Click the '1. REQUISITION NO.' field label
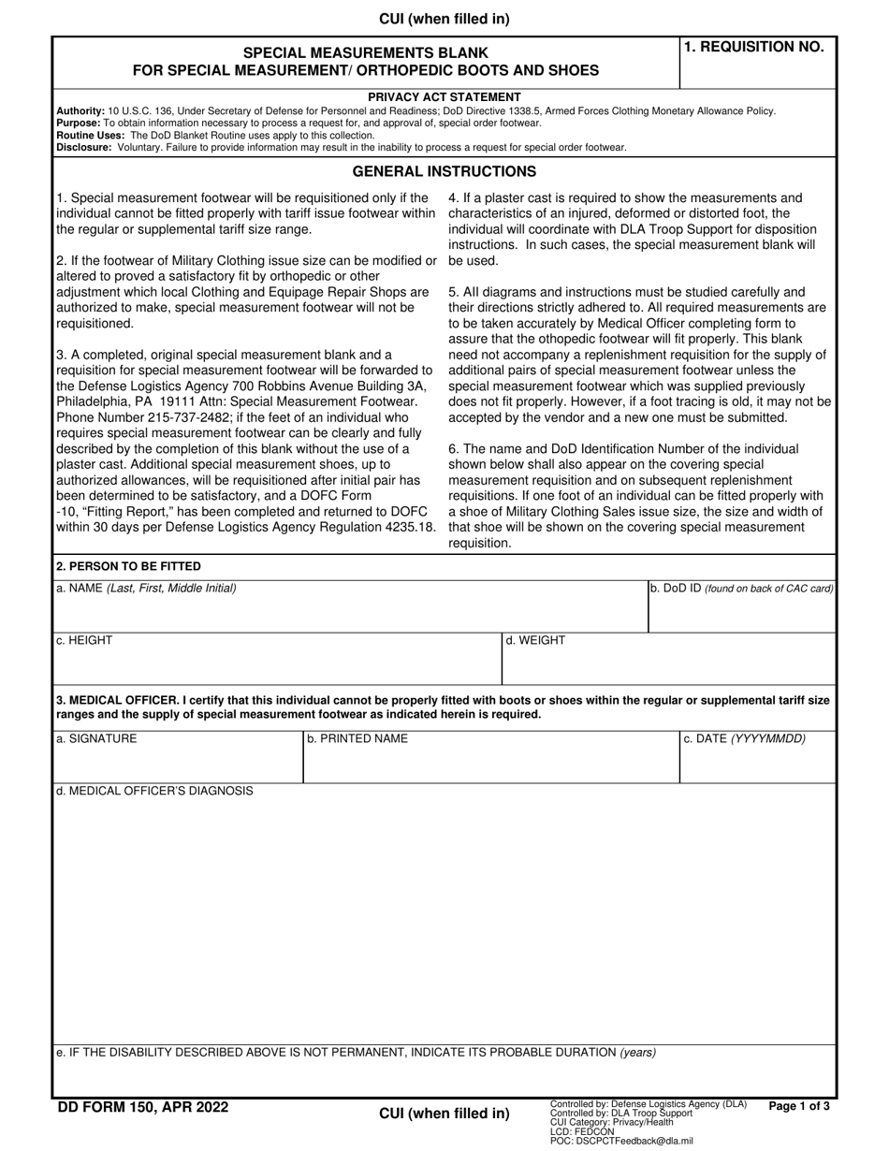[754, 48]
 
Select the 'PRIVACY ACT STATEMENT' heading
[444, 97]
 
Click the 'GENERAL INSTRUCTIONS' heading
[444, 171]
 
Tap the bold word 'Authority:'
[80, 110]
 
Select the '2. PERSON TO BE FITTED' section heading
[128, 566]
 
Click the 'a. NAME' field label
[146, 588]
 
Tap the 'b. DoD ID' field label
[741, 589]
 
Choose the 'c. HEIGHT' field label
[84, 640]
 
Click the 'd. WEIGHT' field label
[535, 640]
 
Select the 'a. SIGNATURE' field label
[96, 738]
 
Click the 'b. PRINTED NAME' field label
[357, 738]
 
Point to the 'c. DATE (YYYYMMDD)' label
[744, 738]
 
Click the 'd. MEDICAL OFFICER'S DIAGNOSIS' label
[154, 791]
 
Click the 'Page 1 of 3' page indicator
[798, 1106]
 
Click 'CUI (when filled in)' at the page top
[444, 19]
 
